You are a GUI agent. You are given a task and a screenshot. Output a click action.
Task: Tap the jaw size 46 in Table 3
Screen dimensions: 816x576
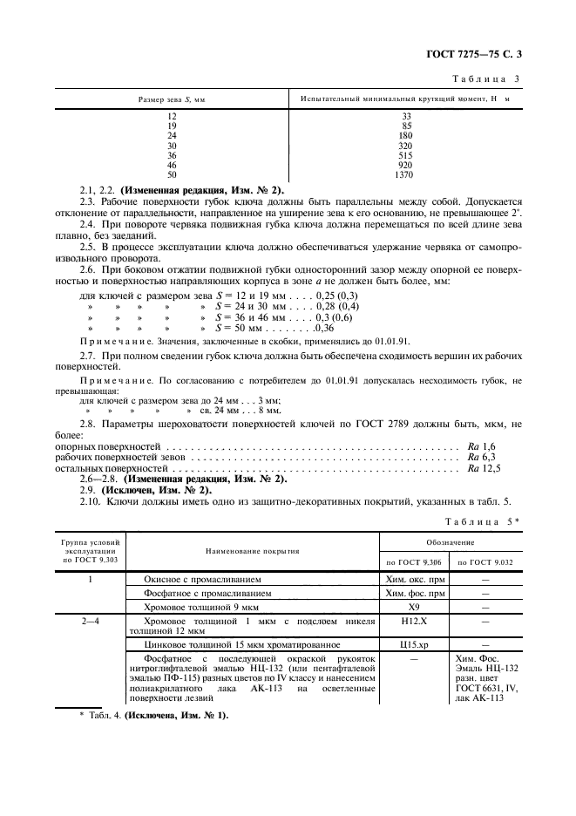(172, 165)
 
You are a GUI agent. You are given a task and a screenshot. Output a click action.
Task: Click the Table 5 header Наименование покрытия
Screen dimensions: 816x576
(252, 552)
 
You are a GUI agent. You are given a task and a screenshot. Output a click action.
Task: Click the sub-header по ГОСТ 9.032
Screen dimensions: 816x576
(485, 562)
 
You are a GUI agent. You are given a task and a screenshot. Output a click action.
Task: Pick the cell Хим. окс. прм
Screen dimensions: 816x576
(414, 578)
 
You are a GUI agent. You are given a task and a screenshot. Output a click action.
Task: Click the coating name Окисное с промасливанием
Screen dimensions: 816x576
(201, 578)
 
